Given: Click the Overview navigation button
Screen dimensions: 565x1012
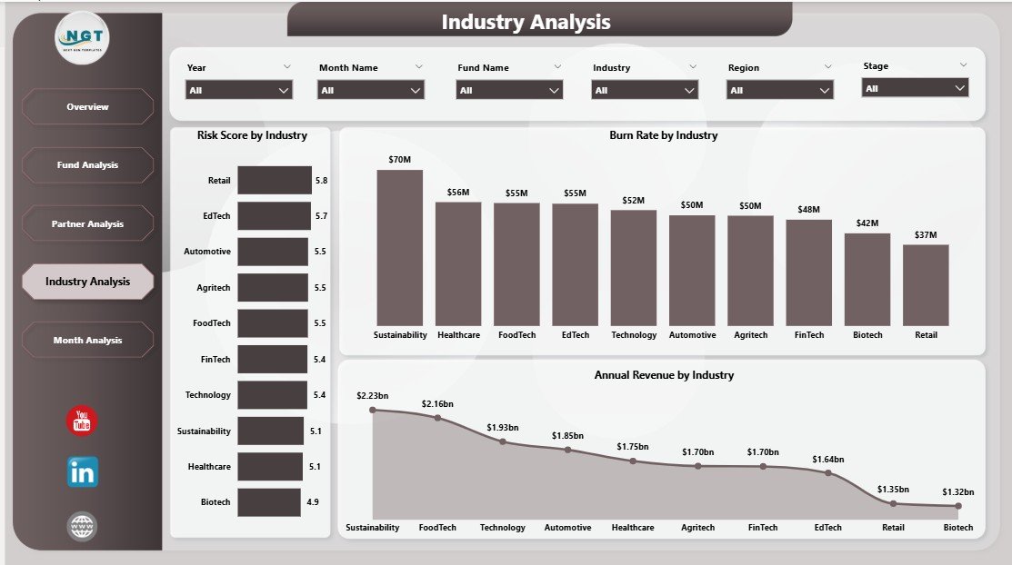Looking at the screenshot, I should pos(87,107).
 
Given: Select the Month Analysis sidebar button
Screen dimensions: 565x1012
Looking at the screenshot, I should pos(87,340).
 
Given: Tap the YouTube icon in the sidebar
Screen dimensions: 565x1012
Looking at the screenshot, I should pos(82,421).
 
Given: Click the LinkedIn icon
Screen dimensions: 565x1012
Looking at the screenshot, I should pos(82,472).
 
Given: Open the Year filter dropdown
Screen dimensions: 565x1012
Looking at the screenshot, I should pos(239,90).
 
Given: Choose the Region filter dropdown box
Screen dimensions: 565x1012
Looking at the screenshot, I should pos(779,90).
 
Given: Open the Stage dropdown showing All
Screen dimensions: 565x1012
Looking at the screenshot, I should pos(915,88).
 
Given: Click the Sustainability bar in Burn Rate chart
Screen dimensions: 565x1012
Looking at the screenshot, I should pos(400,248).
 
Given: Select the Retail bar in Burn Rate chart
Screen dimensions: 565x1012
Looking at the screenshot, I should pos(926,285).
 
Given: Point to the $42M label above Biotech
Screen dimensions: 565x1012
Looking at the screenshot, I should pos(867,223).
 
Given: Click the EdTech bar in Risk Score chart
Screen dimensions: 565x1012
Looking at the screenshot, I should pos(274,216).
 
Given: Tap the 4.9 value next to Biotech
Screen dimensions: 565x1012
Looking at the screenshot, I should pos(312,502).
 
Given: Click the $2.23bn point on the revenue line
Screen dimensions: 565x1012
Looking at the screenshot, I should pos(373,410).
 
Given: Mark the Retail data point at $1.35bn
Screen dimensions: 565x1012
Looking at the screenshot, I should pos(893,503).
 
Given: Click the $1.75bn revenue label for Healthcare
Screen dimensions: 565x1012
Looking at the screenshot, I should pos(633,447).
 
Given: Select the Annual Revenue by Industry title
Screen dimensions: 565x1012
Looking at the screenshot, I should pos(664,375).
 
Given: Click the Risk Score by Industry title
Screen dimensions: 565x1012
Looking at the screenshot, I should pos(252,135).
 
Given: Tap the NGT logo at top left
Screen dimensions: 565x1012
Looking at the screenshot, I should pos(84,38).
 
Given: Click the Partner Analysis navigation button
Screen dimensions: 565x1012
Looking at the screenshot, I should pos(87,223).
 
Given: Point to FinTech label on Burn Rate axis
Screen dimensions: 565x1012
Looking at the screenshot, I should pos(809,335).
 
